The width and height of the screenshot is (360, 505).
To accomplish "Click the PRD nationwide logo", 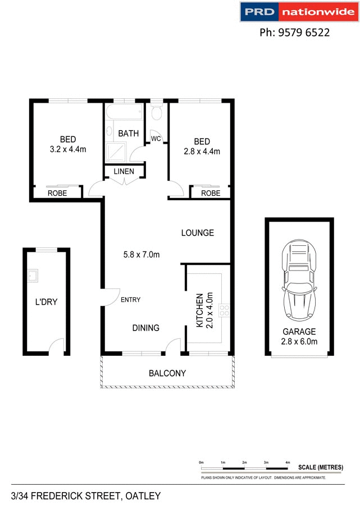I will pyautogui.click(x=298, y=12).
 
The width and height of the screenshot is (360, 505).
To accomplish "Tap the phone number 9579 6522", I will pyautogui.click(x=294, y=33).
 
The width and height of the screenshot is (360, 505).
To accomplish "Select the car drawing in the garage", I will pyautogui.click(x=300, y=279).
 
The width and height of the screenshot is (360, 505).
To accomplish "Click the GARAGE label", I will pyautogui.click(x=299, y=332).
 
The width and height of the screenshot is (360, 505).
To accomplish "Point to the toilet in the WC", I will pyautogui.click(x=157, y=113).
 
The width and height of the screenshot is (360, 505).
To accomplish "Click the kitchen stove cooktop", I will pyautogui.click(x=226, y=310).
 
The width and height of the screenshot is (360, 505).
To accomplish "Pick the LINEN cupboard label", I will pyautogui.click(x=124, y=171).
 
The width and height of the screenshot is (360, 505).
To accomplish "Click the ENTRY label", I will pyautogui.click(x=131, y=300).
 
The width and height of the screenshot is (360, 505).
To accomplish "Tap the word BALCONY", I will pyautogui.click(x=167, y=373).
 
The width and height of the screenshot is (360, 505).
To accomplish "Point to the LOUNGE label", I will pyautogui.click(x=197, y=232).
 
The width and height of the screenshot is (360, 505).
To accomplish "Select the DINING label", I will pyautogui.click(x=146, y=328).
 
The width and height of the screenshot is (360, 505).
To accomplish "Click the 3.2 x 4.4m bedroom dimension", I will pyautogui.click(x=67, y=150).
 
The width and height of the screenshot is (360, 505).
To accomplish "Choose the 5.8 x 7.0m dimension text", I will pyautogui.click(x=142, y=255).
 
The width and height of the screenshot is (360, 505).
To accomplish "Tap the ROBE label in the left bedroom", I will pyautogui.click(x=57, y=193).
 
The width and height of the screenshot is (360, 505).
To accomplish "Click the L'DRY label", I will pyautogui.click(x=46, y=302).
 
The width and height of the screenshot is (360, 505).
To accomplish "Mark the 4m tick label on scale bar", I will pyautogui.click(x=288, y=462).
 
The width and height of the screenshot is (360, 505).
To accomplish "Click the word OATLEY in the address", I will pyautogui.click(x=143, y=495).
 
